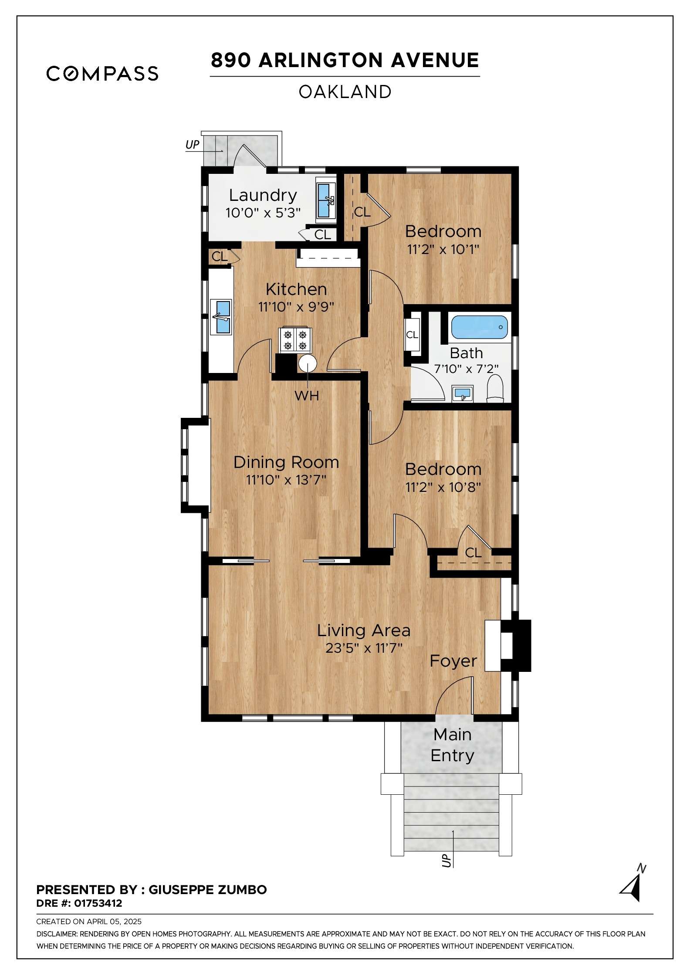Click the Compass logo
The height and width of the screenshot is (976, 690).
click(x=102, y=74)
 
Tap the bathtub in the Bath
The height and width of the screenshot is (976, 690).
click(x=479, y=327)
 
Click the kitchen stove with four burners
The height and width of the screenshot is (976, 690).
click(x=295, y=339)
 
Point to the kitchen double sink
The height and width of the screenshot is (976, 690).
click(x=221, y=317)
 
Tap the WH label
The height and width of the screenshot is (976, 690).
click(x=307, y=396)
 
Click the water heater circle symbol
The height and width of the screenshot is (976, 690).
click(x=308, y=363)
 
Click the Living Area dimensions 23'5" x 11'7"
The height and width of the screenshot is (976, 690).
click(x=364, y=648)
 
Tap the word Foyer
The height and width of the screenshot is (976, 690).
click(x=453, y=661)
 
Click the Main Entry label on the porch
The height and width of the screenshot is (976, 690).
click(x=453, y=745)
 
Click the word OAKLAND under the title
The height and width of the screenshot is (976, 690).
click(x=345, y=92)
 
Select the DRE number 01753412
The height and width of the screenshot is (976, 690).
click(x=98, y=903)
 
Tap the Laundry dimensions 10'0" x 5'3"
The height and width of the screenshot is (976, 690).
click(x=263, y=213)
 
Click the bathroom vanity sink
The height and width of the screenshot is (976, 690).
click(x=463, y=394)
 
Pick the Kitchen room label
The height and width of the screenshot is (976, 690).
click(x=296, y=289)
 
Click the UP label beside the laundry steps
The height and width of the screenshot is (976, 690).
click(x=193, y=144)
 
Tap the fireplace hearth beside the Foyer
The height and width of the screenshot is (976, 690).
click(x=493, y=645)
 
